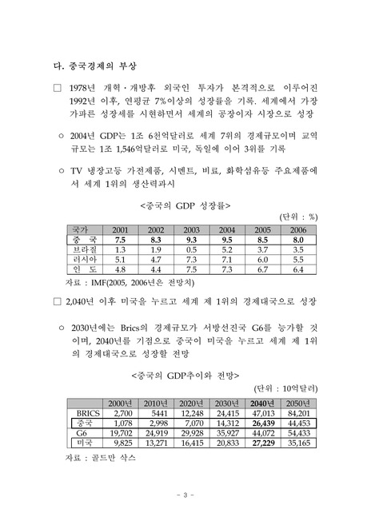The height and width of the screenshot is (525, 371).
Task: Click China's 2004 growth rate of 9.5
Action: [227, 239]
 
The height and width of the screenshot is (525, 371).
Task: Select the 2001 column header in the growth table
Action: [121, 229]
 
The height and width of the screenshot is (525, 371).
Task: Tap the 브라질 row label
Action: [79, 249]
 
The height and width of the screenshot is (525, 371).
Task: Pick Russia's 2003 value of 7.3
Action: [191, 260]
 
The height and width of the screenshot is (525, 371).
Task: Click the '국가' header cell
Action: [79, 229]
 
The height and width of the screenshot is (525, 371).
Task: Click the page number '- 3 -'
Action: [185, 497]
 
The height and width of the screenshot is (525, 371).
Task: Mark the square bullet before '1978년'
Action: [56, 86]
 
